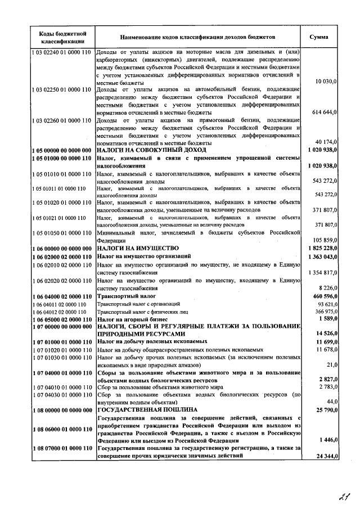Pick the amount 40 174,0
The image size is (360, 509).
326,143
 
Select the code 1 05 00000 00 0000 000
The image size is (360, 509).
61,151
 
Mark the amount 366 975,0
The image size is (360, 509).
325,312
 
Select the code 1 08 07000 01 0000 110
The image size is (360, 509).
61,448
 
